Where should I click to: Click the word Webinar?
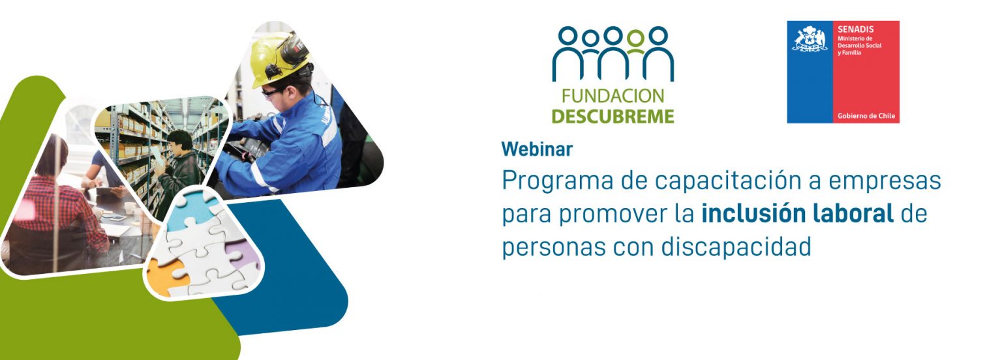point(537,149)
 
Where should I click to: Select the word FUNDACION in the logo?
point(613,96)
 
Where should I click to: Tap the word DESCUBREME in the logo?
point(613,116)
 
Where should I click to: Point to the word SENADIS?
point(855,29)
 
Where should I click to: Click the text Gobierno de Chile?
point(866,116)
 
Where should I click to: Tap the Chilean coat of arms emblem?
point(810,38)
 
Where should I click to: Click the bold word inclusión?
point(752,214)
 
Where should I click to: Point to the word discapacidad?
point(736,247)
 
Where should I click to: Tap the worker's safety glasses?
point(272,93)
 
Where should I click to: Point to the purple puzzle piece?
point(241,253)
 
